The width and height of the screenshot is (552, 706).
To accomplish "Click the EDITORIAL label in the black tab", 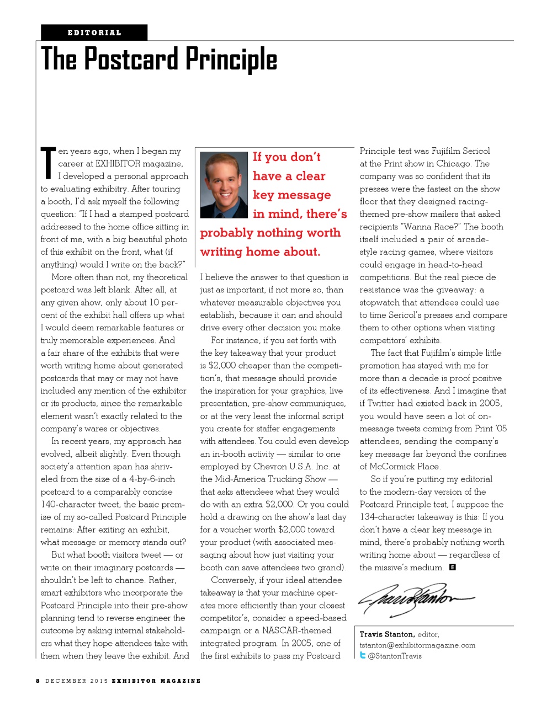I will pyautogui.click(x=94, y=33).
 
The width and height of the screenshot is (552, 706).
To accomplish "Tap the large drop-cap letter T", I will pyautogui.click(x=48, y=163).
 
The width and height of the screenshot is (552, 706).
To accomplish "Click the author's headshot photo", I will pyautogui.click(x=224, y=185).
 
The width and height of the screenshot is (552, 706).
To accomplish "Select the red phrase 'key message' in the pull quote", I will pyautogui.click(x=291, y=195).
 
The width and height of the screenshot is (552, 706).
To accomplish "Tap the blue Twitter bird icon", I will pyautogui.click(x=363, y=655).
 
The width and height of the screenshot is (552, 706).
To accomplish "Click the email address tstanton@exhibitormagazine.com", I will pyautogui.click(x=417, y=645).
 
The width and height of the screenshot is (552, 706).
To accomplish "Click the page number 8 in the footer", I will pyautogui.click(x=38, y=681).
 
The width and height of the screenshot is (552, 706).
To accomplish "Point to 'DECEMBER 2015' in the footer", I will pyautogui.click(x=77, y=681).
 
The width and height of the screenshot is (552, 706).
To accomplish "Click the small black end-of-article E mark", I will pyautogui.click(x=452, y=567).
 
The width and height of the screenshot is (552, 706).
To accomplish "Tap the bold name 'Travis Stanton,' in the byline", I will pyautogui.click(x=387, y=634).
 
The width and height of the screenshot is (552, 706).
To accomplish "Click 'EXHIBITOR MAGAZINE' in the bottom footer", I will pyautogui.click(x=156, y=681).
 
